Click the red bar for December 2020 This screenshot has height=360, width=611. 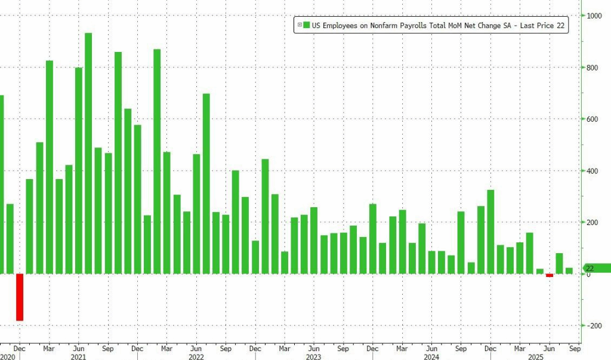tap(20, 297)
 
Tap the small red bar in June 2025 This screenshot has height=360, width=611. tap(549, 275)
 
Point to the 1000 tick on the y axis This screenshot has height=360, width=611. tap(593, 16)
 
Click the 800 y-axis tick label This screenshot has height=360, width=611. tap(592, 68)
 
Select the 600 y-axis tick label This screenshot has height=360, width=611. tap(592, 119)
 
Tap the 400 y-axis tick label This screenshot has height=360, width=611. tap(592, 171)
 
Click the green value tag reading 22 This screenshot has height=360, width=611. tap(597, 269)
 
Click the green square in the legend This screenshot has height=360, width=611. tap(305, 24)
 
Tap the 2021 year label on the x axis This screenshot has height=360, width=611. tap(79, 356)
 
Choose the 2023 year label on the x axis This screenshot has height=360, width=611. tap(313, 356)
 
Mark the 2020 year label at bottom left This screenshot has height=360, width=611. tap(7, 356)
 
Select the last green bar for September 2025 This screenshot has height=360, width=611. tap(569, 270)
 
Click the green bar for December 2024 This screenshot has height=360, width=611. tap(490, 232)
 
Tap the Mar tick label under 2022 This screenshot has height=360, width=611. tap(166, 347)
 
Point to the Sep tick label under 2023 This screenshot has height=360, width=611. tap(342, 347)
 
